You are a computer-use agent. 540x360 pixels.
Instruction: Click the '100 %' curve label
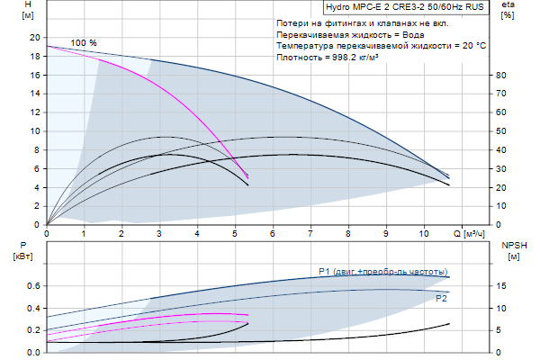(x=84, y=43)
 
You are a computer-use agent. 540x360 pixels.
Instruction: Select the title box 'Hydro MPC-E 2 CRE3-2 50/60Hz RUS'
(x=404, y=6)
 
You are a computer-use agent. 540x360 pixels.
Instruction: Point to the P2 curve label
(x=441, y=297)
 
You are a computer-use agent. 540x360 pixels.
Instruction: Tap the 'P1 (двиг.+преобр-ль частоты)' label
(x=382, y=272)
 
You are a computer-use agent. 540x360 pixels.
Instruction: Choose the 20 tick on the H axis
(x=35, y=37)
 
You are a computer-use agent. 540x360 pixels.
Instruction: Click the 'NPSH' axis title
(x=513, y=245)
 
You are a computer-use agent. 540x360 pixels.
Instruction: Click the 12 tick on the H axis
(x=35, y=112)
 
